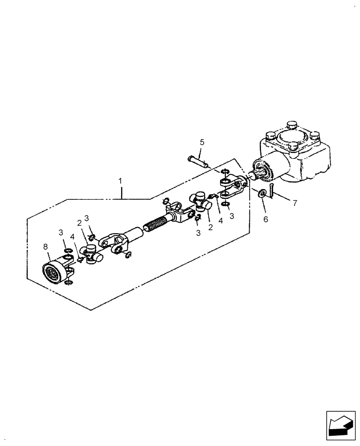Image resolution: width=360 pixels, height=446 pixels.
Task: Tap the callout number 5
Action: click(202, 142)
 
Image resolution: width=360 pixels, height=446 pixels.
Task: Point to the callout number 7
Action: click(294, 203)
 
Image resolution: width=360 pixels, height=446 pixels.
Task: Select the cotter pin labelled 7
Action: click(272, 190)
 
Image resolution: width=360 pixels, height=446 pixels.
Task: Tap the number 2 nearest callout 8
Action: click(79, 223)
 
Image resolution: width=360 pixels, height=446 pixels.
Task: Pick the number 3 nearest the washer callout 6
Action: click(231, 216)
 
